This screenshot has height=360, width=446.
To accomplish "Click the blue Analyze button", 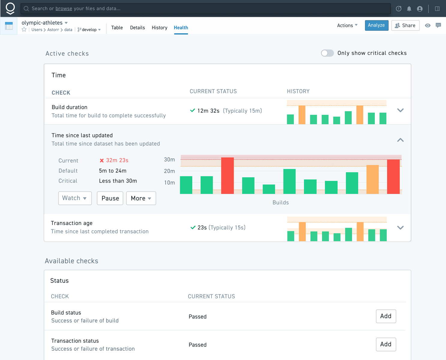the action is [x=377, y=25].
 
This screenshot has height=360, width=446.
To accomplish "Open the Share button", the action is [x=405, y=25].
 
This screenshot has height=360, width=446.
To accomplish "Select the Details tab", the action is [x=137, y=28].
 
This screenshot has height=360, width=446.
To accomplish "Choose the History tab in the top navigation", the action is [x=159, y=28].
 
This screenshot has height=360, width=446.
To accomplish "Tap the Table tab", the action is [x=117, y=28].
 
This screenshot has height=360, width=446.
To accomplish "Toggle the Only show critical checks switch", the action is [x=327, y=53].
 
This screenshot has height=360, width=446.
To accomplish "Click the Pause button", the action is [x=110, y=198].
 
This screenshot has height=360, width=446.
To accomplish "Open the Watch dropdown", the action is [x=75, y=198].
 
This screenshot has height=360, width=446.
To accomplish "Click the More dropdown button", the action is [x=141, y=198].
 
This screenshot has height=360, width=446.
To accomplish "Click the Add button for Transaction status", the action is [x=386, y=344].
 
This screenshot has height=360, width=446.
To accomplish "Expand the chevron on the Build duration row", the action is [x=400, y=110].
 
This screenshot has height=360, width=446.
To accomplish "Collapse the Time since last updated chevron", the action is [x=400, y=140].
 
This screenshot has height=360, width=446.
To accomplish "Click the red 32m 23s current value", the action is [x=117, y=160].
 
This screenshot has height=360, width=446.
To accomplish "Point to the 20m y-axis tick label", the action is [x=169, y=171].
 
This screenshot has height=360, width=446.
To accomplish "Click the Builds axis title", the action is [x=281, y=202].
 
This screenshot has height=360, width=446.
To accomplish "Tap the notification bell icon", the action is [x=409, y=9].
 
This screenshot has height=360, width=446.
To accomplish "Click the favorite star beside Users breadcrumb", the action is [x=24, y=29].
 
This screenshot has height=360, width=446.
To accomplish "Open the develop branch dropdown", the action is [x=89, y=30].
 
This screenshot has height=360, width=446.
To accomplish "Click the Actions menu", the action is [x=347, y=25].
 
